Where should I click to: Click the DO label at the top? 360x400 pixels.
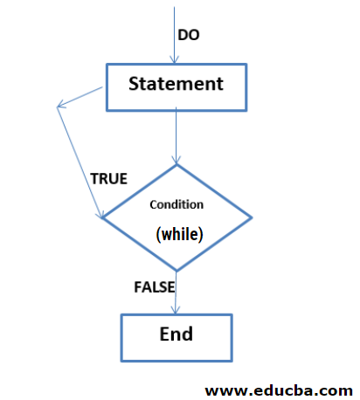[189, 35]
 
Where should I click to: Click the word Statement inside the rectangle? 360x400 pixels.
[176, 85]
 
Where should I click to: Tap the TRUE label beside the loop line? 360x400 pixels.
[108, 179]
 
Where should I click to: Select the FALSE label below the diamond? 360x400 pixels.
[155, 286]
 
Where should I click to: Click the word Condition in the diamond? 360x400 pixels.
[177, 204]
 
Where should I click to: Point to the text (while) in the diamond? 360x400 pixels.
[179, 234]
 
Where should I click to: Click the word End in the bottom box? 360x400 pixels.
[176, 334]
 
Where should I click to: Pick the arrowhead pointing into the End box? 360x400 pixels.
[177, 310]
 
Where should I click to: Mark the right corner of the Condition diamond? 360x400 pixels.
[252, 217]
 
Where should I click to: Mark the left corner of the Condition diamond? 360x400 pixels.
[103, 217]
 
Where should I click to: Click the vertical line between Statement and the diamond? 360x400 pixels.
[177, 135]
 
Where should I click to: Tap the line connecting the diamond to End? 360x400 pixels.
[177, 293]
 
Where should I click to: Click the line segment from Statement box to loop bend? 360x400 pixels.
[83, 96]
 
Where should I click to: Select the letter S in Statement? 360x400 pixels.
[135, 85]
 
